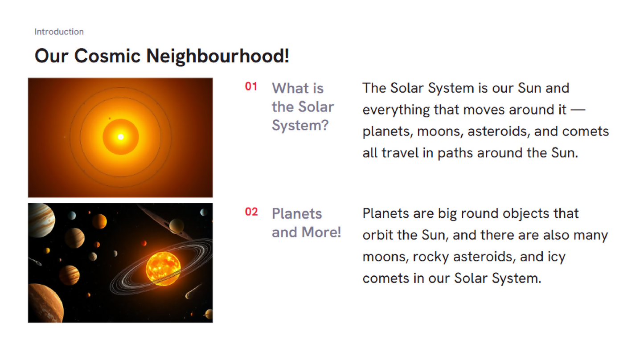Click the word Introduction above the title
(59, 32)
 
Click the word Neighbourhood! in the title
(217, 56)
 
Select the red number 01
(251, 86)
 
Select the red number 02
(251, 212)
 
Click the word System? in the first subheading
(300, 126)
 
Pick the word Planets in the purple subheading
(297, 214)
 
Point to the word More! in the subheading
(321, 232)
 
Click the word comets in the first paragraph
(586, 131)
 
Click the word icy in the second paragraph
(556, 257)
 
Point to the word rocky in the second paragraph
(431, 257)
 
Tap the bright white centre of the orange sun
(121, 137)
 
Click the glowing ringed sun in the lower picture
(163, 269)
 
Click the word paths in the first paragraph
(455, 153)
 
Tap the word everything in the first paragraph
(396, 110)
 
